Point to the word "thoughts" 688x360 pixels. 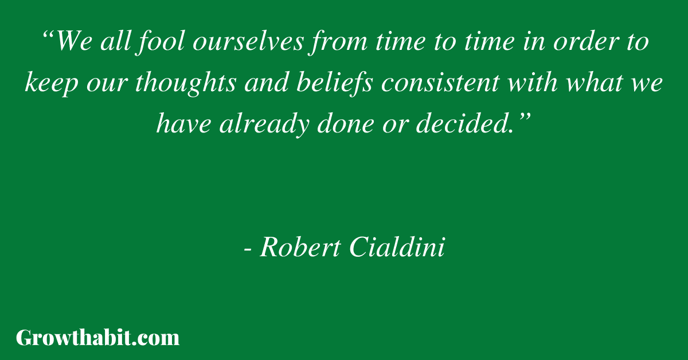click(186, 83)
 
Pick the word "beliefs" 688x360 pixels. click(335, 83)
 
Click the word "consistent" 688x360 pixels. click(440, 84)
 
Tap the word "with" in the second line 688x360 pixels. click(532, 83)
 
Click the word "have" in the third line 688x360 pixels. click(183, 123)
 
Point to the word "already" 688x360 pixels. click(264, 124)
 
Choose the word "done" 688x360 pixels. click(346, 123)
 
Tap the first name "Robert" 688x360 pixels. click(300, 246)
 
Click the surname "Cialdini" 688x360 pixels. click(397, 246)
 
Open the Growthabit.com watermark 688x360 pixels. click(97, 338)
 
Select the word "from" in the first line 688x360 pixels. click(338, 42)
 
